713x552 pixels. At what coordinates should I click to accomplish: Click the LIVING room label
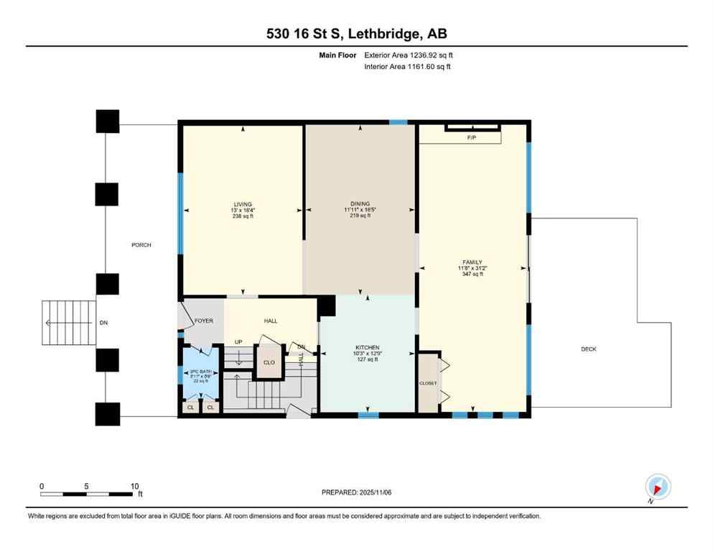[243, 204]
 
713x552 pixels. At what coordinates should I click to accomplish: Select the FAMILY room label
[472, 262]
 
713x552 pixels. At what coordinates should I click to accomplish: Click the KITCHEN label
[367, 347]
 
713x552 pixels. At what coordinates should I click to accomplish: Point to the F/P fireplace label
[472, 137]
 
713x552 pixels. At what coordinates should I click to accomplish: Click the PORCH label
[141, 245]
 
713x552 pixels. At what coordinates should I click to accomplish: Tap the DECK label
[589, 349]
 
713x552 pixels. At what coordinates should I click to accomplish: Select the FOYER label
[203, 321]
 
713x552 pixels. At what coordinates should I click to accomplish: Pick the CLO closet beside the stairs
[269, 362]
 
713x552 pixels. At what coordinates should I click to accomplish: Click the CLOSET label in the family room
[428, 383]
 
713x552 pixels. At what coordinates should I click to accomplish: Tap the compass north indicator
[657, 487]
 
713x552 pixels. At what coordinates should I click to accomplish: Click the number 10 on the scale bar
[134, 486]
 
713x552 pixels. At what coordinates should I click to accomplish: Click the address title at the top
[356, 34]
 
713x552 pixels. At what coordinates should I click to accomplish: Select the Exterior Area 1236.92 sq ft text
[409, 55]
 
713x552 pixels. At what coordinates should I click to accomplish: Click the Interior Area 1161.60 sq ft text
[409, 67]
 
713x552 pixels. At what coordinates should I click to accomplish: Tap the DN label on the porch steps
[103, 323]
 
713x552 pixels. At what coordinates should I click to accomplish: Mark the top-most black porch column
[108, 121]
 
